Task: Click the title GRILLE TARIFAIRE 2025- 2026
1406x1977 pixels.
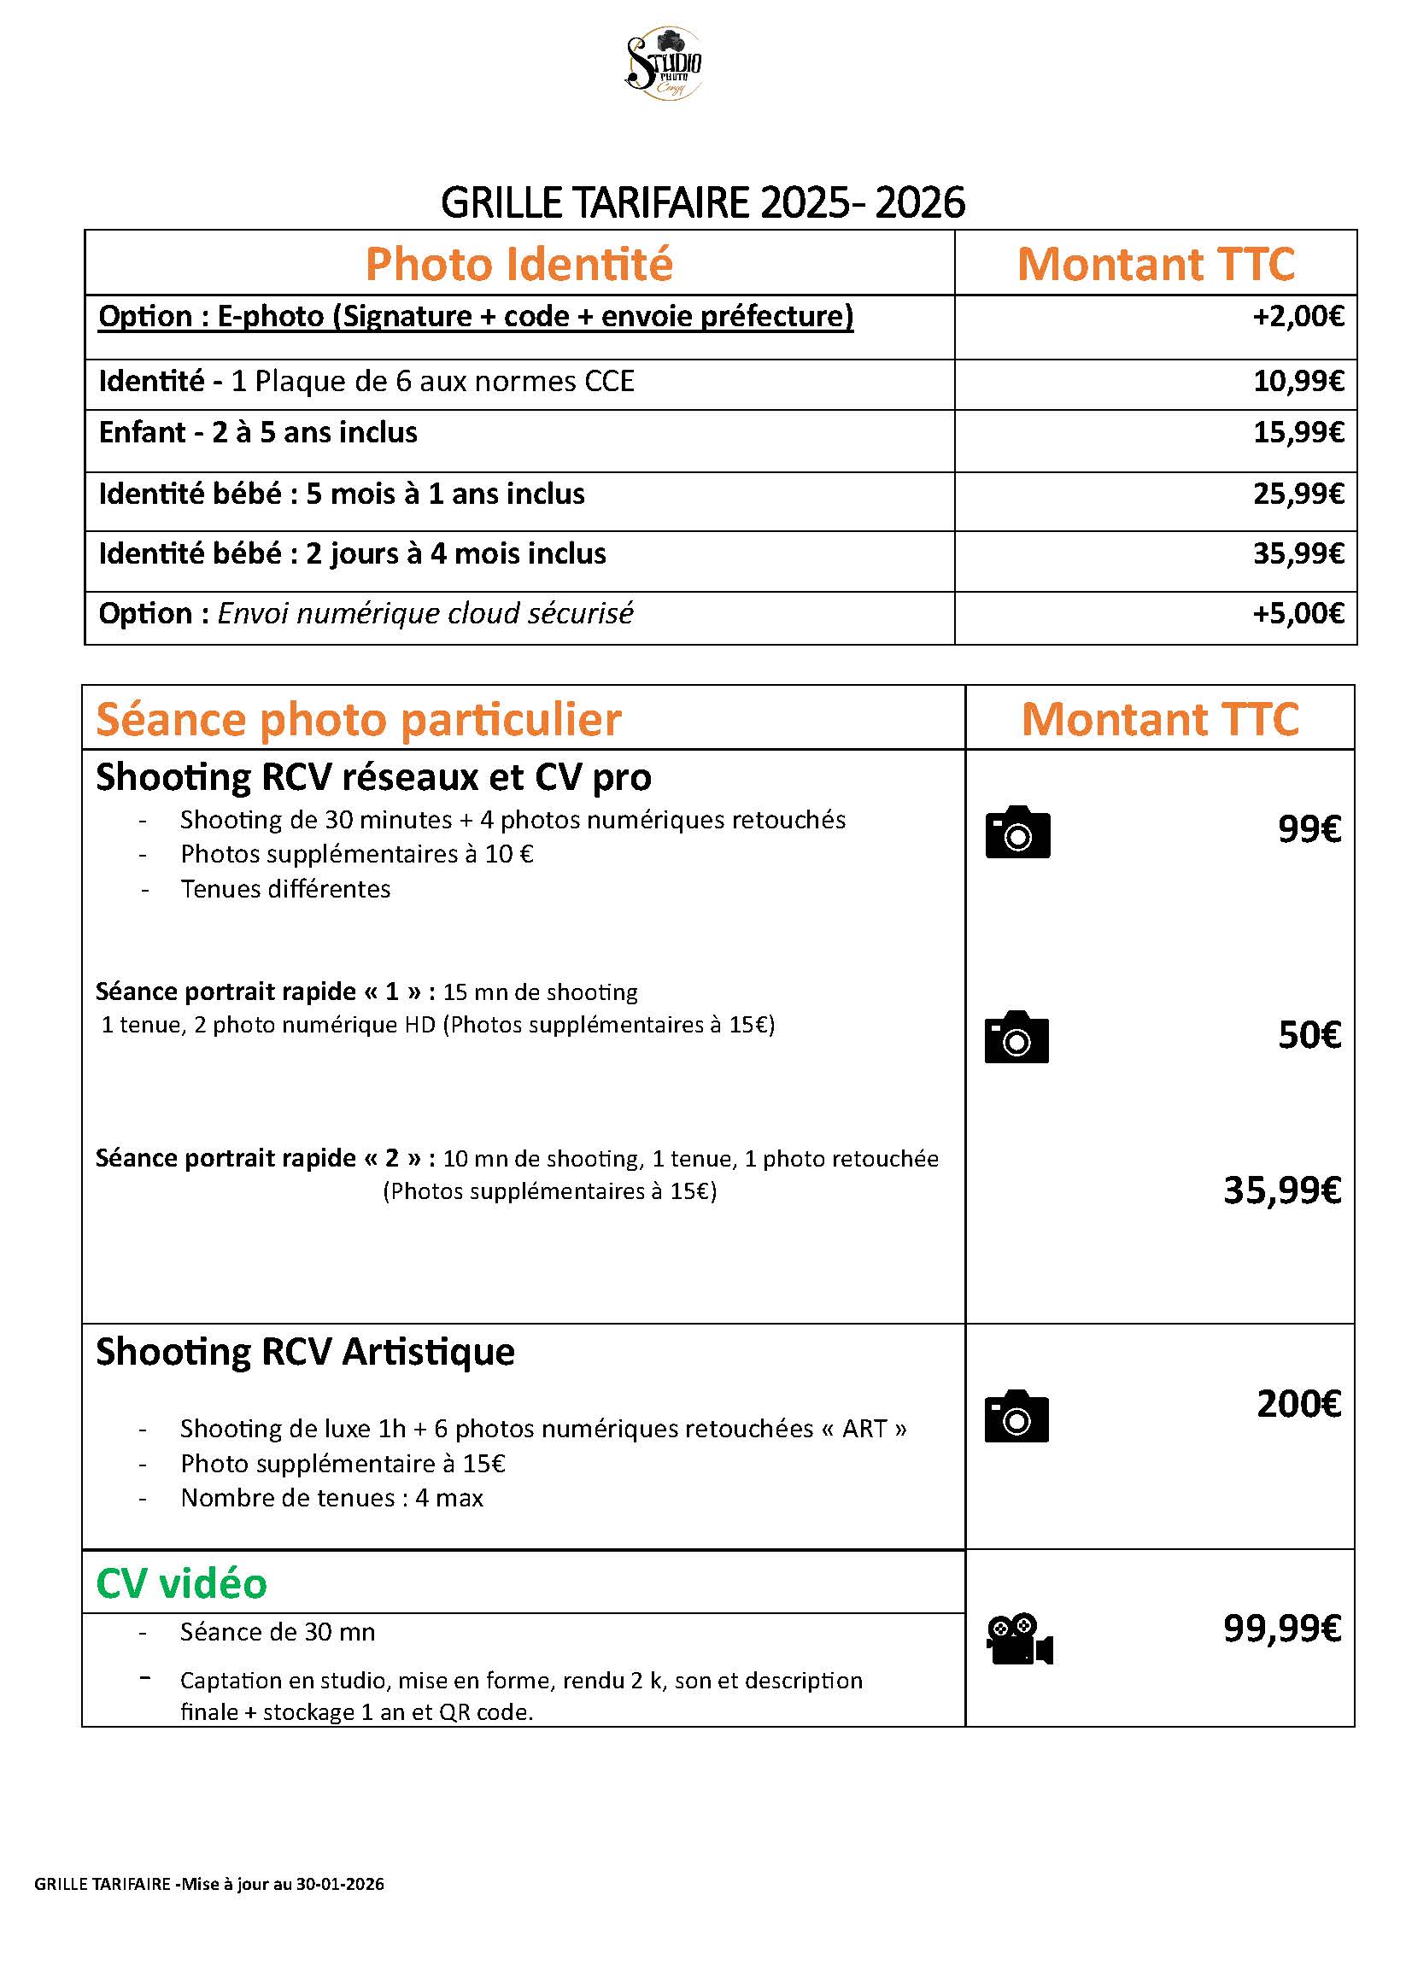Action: [x=702, y=203]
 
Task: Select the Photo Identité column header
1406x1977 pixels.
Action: [x=518, y=264]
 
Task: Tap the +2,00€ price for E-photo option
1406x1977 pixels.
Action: [x=1298, y=317]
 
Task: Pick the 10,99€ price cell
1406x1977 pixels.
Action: [x=1298, y=382]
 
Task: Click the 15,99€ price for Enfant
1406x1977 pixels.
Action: [x=1298, y=433]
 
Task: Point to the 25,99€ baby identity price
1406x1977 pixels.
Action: [x=1298, y=494]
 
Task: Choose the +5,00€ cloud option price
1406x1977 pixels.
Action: [x=1298, y=614]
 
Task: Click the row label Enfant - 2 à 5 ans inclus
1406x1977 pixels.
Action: [x=258, y=433]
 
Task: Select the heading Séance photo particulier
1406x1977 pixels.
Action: [x=359, y=719]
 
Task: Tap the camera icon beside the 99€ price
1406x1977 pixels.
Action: [x=1017, y=833]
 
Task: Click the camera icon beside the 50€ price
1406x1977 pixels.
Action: [x=1016, y=1037]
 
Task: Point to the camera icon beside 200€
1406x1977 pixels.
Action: [x=1016, y=1416]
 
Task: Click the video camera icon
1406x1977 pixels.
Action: [x=1019, y=1639]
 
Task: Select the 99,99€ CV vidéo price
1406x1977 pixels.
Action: [x=1281, y=1629]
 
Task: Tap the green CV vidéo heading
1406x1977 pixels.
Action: [x=182, y=1583]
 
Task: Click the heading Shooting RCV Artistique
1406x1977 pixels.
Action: [x=305, y=1352]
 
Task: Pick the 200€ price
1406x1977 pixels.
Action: [x=1298, y=1404]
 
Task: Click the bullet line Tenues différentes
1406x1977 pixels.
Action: [x=284, y=889]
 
